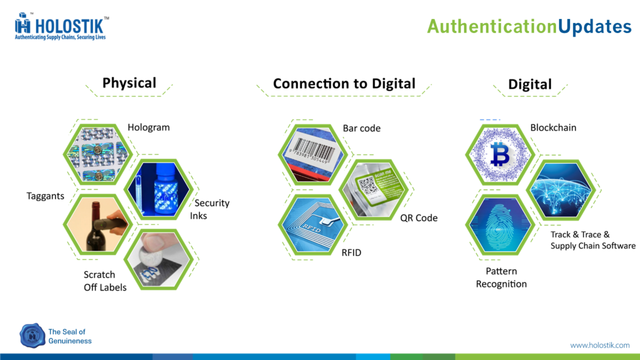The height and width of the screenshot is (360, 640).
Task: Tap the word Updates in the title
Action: point(594,27)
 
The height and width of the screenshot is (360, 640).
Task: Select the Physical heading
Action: point(129,83)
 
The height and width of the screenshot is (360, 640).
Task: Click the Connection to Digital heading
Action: point(344,83)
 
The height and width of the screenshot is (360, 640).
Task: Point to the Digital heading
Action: point(529,84)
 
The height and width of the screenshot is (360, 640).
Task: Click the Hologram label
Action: point(148,127)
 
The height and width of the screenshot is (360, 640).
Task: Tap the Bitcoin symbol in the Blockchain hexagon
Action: point(499,154)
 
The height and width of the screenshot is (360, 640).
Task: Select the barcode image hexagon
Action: point(313,154)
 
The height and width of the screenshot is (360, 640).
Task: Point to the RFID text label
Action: point(351,252)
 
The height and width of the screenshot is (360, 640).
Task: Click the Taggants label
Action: point(45,196)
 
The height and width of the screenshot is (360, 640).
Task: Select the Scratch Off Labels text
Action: point(105,281)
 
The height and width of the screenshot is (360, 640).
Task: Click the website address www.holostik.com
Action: point(600,345)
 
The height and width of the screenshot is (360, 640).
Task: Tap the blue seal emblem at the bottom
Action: point(32,335)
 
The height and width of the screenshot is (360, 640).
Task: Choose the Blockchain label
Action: point(553,127)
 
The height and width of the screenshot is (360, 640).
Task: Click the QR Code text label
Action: point(419,218)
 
